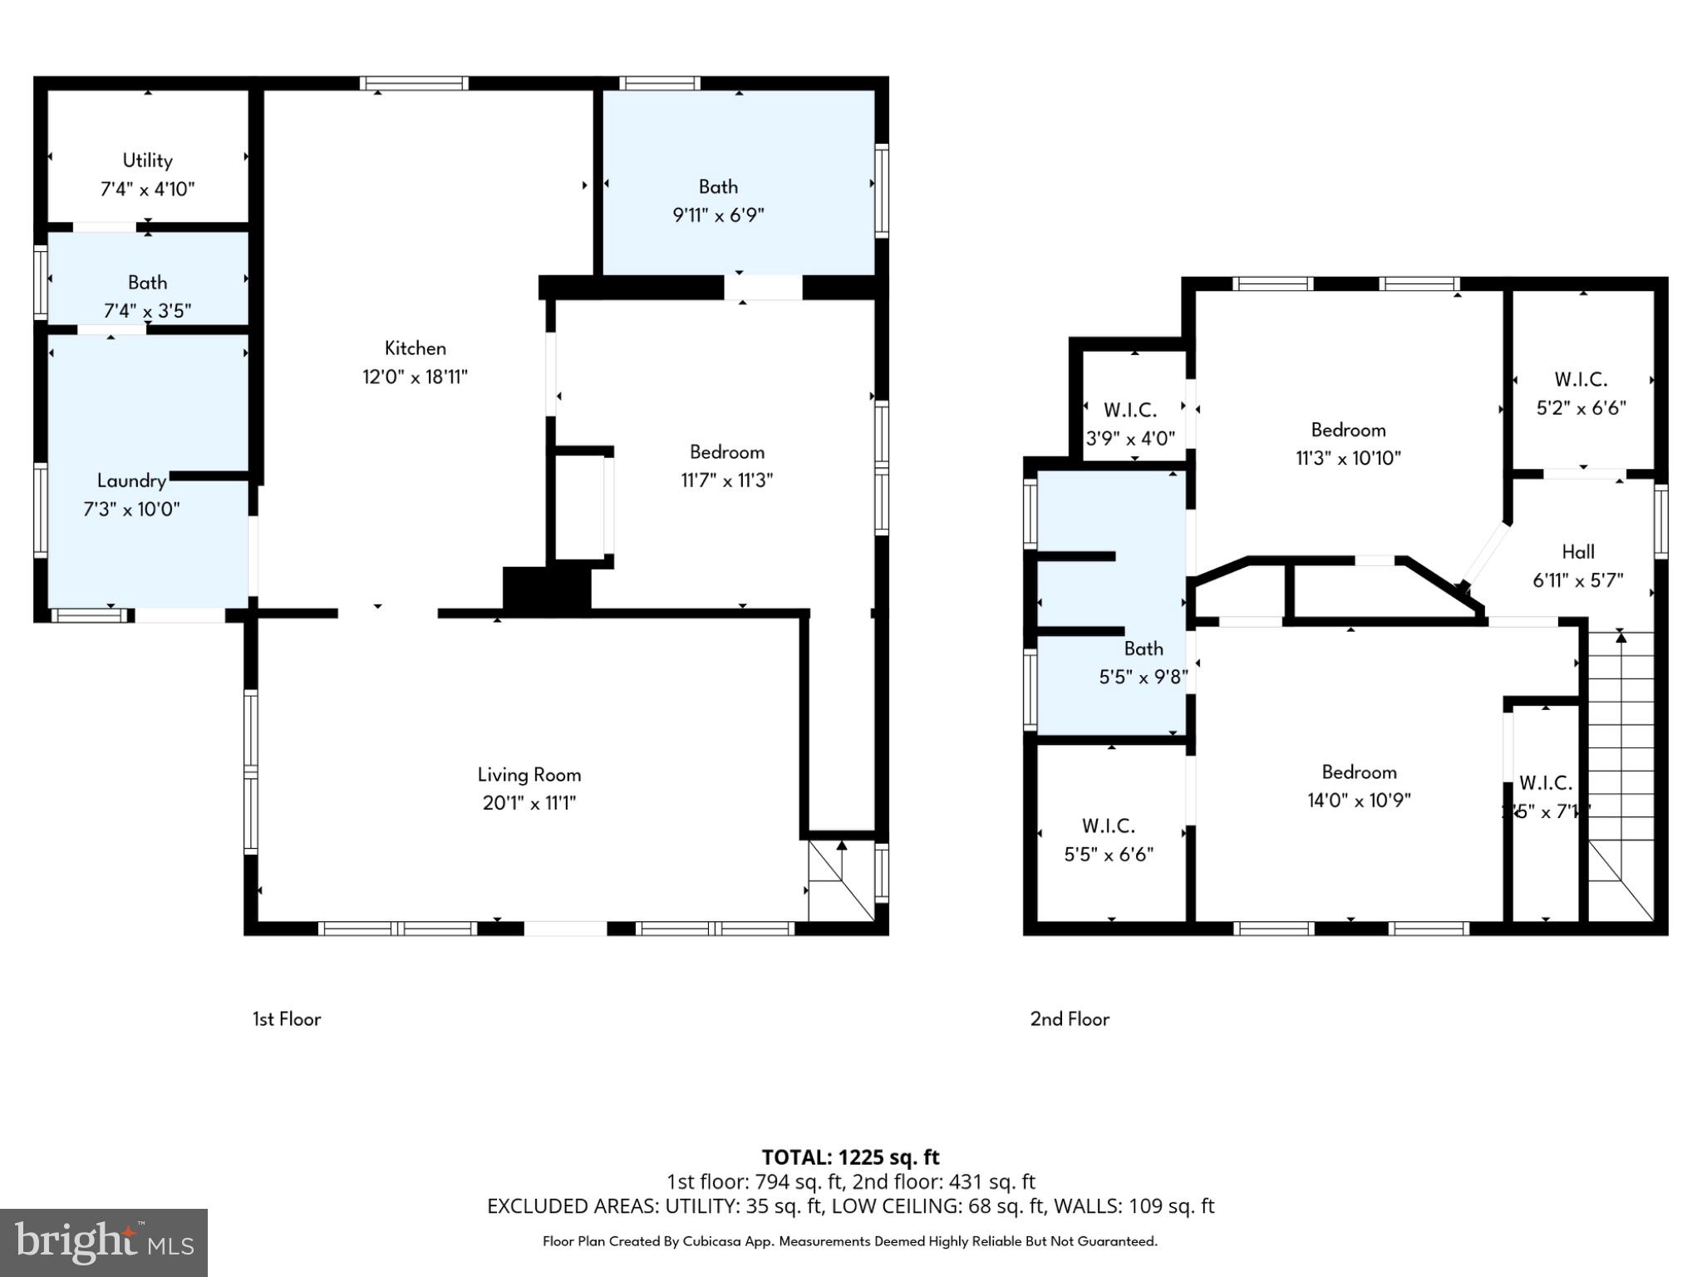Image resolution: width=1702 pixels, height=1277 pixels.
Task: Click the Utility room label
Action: tap(147, 160)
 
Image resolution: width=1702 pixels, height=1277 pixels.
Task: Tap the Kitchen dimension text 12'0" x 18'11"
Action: tap(415, 377)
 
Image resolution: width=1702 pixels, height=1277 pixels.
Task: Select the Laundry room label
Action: tap(130, 481)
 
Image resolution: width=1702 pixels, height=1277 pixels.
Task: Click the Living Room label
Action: tap(529, 775)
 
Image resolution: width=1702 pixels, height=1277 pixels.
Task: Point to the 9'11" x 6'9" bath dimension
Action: tap(718, 215)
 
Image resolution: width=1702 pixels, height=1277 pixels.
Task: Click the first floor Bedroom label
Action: tap(726, 452)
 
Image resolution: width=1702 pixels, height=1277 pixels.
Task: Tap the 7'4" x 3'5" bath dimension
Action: tap(147, 311)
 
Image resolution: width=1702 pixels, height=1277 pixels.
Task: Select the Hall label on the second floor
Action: tap(1577, 552)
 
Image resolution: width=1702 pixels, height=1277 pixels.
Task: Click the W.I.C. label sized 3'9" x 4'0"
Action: tap(1129, 410)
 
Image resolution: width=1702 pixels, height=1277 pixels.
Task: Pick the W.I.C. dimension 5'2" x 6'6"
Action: tap(1581, 408)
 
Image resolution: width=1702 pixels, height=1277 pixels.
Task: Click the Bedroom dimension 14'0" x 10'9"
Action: tap(1359, 801)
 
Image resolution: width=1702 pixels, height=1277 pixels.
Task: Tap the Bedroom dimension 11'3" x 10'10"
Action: tap(1348, 458)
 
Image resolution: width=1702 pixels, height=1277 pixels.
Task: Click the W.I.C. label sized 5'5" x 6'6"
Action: tap(1108, 826)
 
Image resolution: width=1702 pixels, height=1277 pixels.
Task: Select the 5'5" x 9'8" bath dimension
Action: tap(1143, 678)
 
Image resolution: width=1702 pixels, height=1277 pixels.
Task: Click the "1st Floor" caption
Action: tap(287, 1019)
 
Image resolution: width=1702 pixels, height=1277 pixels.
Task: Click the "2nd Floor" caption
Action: tap(1070, 1019)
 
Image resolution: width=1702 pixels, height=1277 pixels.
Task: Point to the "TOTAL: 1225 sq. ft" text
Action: tap(850, 1157)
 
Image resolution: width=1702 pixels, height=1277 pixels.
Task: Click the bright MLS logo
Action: tap(104, 1243)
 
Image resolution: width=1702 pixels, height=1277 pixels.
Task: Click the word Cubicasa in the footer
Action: tap(713, 1241)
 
